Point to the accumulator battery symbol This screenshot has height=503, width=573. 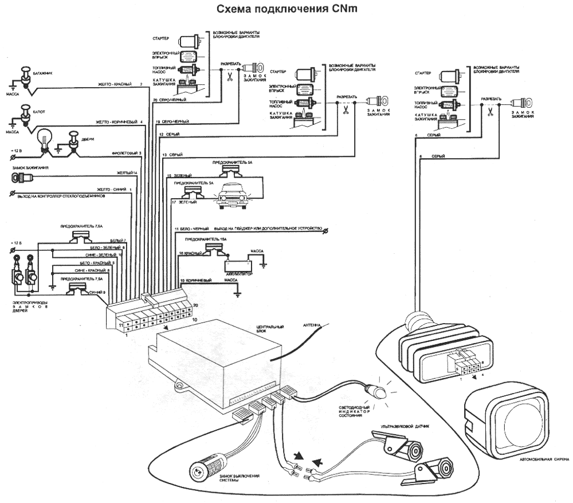point(238,266)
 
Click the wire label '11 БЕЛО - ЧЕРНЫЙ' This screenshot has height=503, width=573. point(193,228)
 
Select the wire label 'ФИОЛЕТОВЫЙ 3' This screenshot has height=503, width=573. point(127,153)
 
